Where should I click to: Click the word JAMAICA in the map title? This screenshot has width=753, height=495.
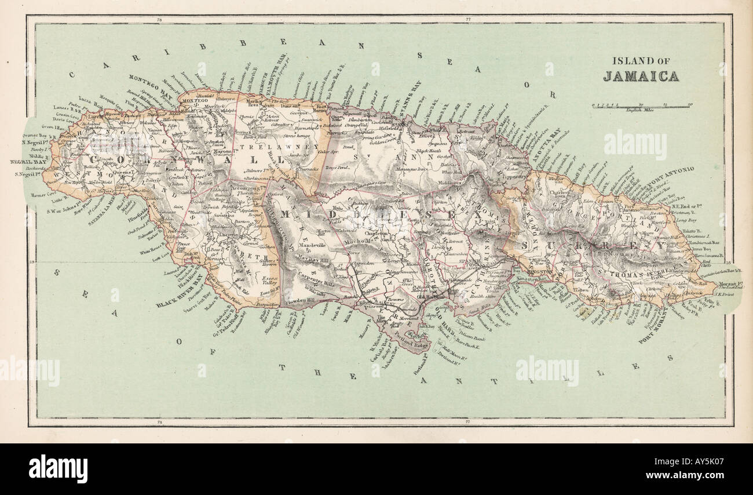click(641, 76)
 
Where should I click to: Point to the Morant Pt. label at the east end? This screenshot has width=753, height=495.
click(730, 284)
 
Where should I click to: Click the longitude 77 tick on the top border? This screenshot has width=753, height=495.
click(467, 21)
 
